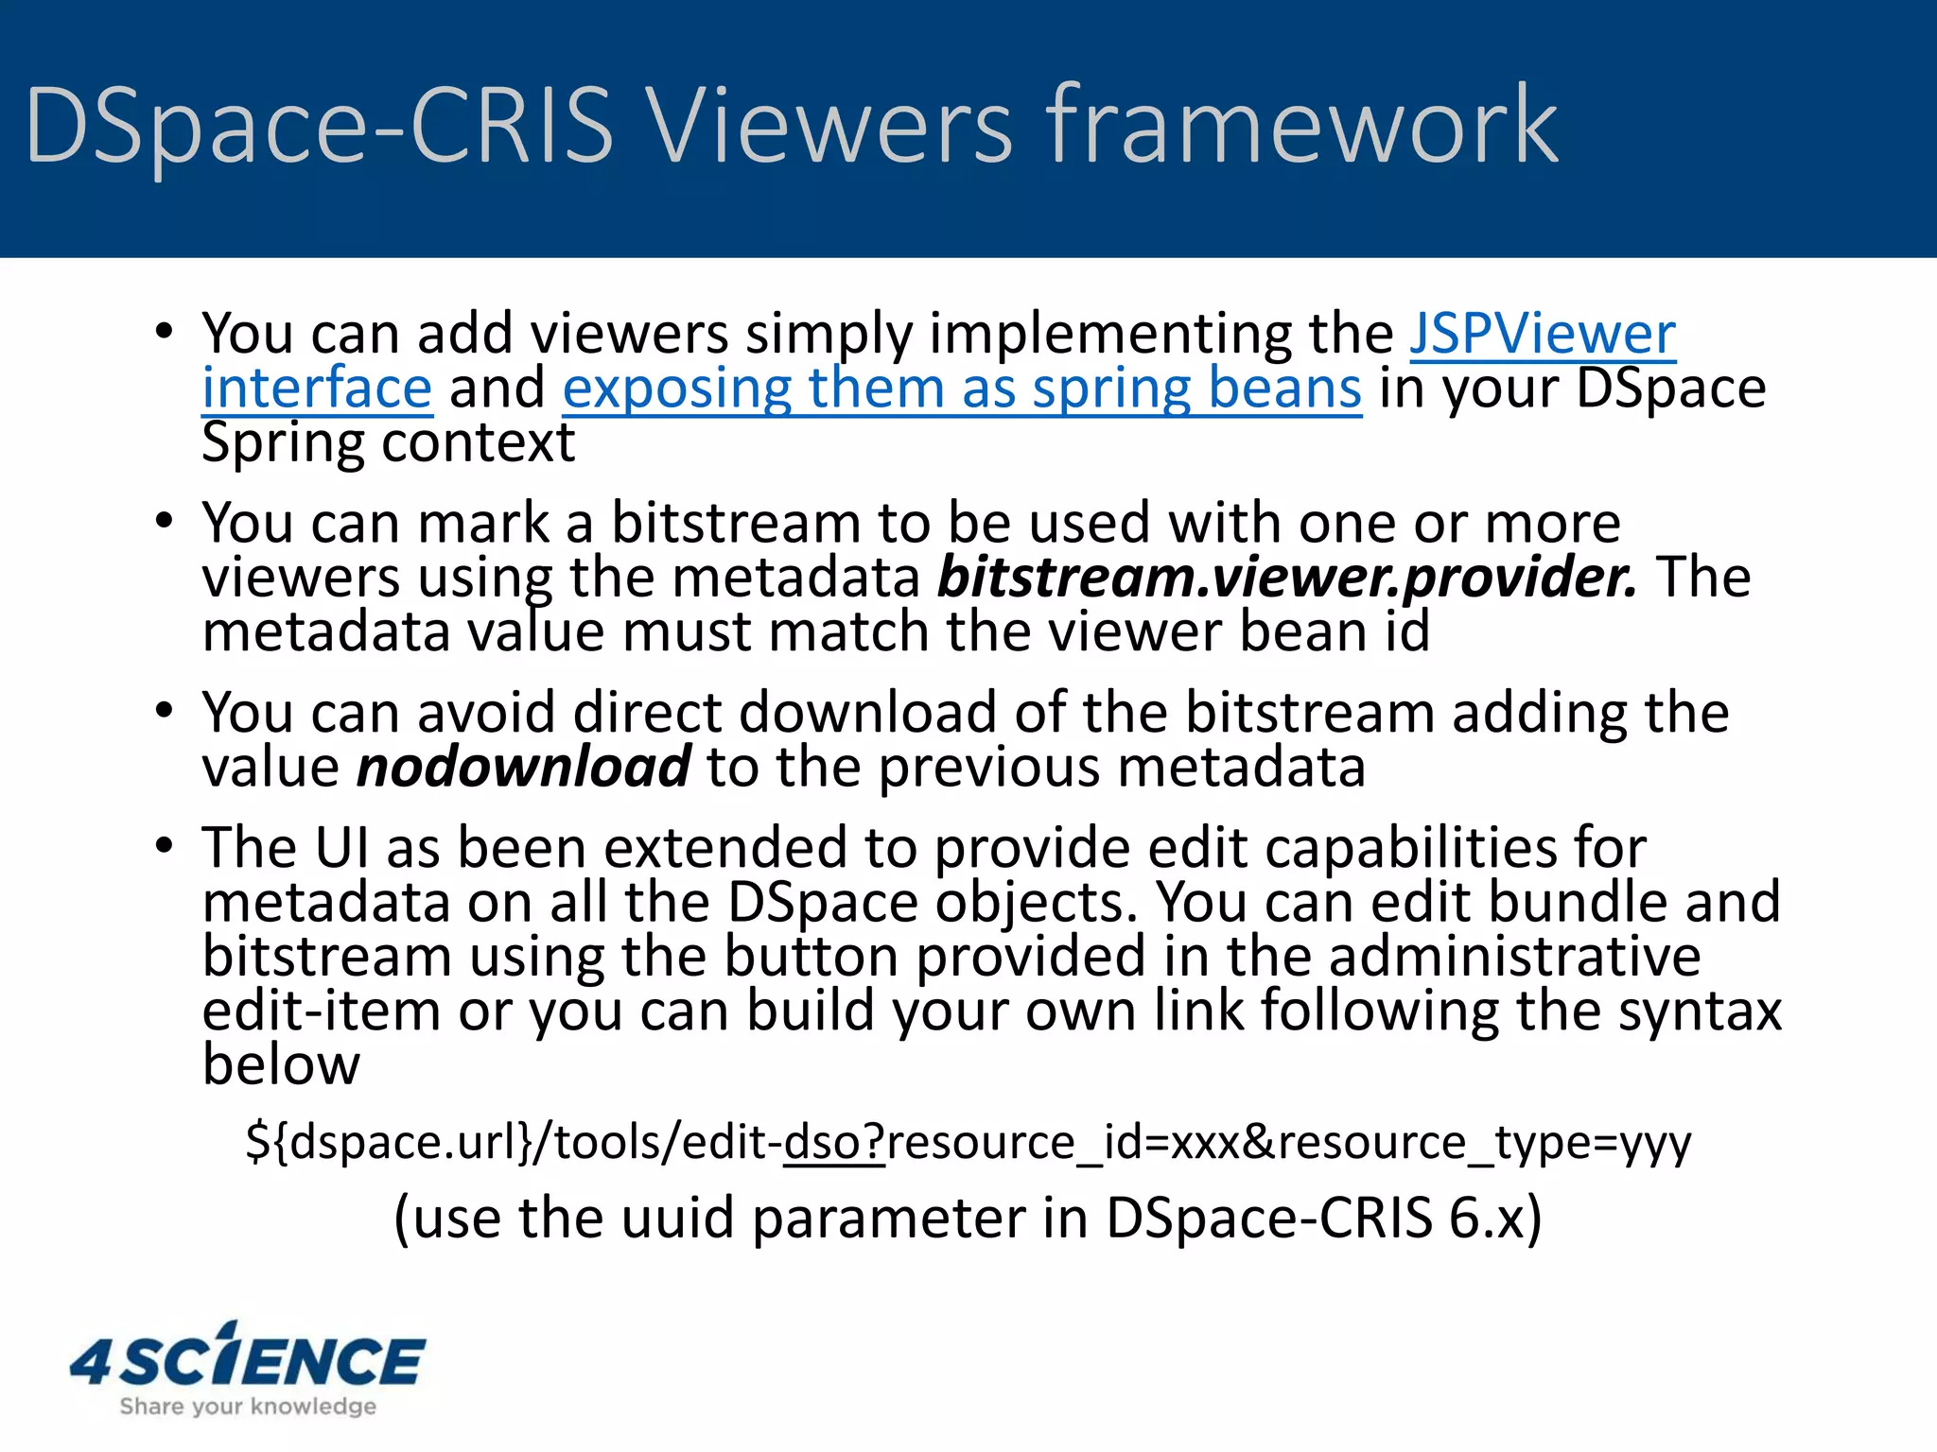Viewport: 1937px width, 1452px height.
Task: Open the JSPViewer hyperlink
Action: coord(1543,334)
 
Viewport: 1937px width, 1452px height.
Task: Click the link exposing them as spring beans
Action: coord(962,389)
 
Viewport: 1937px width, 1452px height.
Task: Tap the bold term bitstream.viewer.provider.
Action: coord(1286,577)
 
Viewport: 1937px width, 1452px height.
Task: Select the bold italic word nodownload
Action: coord(523,767)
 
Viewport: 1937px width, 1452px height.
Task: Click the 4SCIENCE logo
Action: coord(248,1358)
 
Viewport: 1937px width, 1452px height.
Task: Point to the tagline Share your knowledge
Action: coord(248,1407)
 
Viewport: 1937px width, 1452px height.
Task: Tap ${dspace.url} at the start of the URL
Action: coord(389,1143)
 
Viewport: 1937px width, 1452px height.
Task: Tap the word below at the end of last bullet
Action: coord(281,1065)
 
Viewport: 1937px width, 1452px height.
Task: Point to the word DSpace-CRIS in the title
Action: coord(319,126)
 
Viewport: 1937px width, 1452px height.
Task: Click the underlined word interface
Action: coord(317,389)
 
